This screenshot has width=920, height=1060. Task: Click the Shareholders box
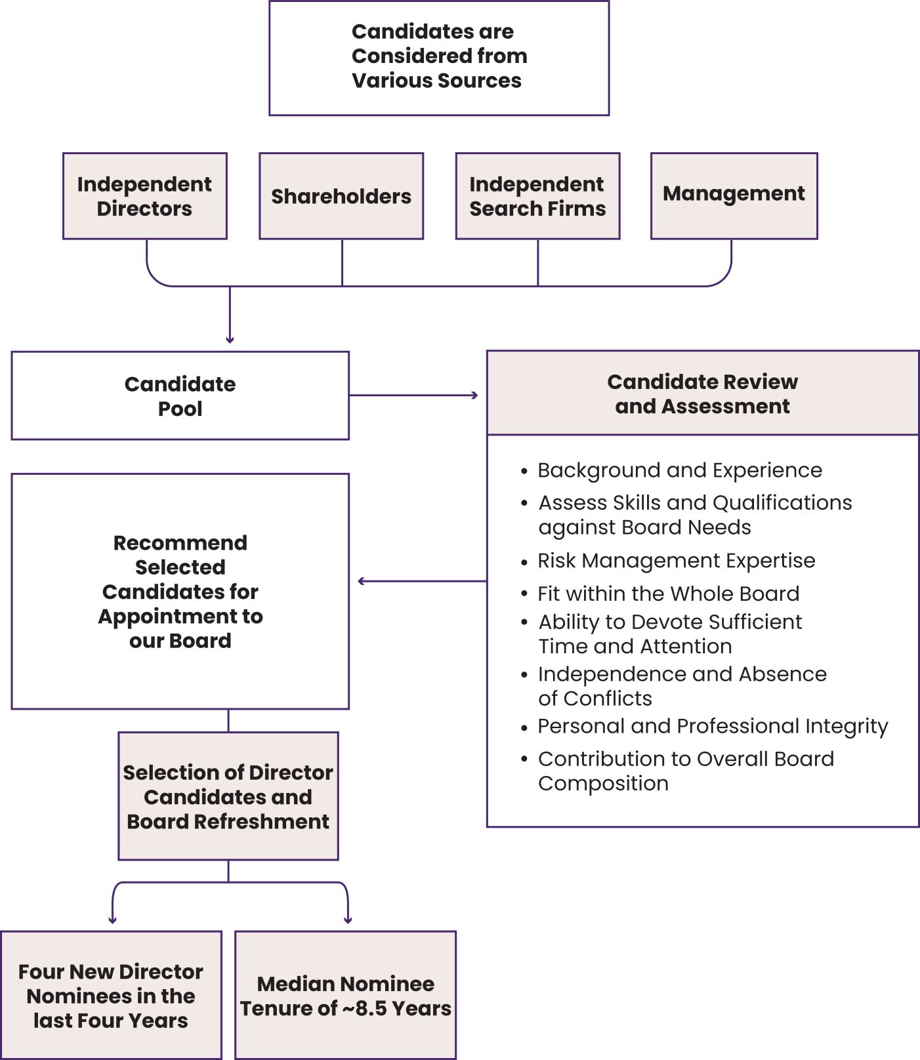tap(341, 196)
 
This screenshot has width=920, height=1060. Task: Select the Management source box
tap(734, 195)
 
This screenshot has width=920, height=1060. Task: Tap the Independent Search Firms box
tap(537, 196)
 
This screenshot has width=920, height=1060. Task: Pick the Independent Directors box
tap(144, 196)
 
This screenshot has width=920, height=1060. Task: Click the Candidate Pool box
tap(180, 396)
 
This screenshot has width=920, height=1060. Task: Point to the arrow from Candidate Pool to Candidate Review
tap(413, 396)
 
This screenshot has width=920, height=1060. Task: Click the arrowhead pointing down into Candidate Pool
tap(230, 340)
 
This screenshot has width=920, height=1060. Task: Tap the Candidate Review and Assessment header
tap(702, 394)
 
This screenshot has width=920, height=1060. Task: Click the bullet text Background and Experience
tap(680, 470)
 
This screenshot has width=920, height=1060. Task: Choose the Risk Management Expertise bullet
tap(676, 561)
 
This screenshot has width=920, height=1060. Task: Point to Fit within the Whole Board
tap(668, 594)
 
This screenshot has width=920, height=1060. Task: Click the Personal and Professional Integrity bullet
tap(713, 726)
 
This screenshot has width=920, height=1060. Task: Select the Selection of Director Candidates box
tap(228, 796)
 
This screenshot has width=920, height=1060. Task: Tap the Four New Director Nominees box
tap(111, 995)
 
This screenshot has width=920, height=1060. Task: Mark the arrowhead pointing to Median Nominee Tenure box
tap(348, 920)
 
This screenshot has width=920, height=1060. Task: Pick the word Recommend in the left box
tap(180, 542)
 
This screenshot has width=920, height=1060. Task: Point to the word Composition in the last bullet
tap(603, 783)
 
